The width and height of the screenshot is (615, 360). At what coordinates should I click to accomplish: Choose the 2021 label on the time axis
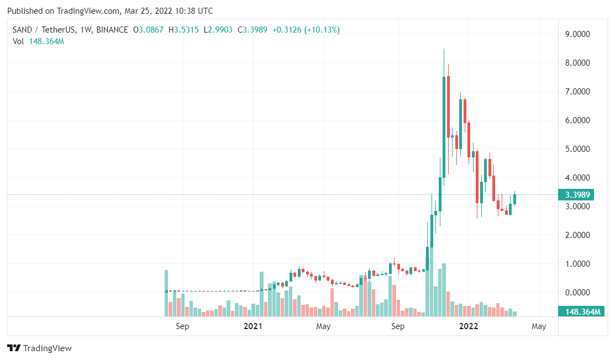tap(253, 326)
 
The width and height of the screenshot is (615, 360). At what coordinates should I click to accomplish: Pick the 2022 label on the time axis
tap(469, 326)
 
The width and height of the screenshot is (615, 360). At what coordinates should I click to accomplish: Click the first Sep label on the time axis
tap(182, 326)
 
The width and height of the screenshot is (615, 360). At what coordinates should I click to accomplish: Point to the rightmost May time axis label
tap(539, 326)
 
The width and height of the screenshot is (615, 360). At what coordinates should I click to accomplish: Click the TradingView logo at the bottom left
tap(39, 348)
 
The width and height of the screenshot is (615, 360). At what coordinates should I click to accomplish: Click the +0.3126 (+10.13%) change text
tap(306, 29)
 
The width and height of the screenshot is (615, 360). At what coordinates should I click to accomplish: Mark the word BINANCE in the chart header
tap(111, 29)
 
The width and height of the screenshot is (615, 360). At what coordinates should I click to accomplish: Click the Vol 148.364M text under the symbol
tap(38, 42)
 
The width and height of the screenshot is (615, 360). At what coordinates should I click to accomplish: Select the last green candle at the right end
tap(514, 199)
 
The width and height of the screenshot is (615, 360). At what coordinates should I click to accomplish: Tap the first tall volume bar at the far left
tap(166, 293)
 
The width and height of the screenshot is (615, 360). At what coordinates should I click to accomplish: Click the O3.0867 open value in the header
tap(149, 29)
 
